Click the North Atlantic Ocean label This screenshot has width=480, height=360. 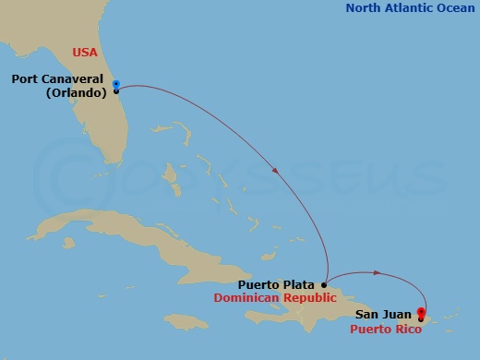pos(410,8)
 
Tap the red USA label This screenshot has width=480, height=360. pos(84,53)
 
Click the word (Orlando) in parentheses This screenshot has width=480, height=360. pos(72,92)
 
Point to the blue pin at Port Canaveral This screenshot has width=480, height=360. pos(115,86)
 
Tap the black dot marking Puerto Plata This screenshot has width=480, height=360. pos(324,285)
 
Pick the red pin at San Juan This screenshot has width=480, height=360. pos(422,314)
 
